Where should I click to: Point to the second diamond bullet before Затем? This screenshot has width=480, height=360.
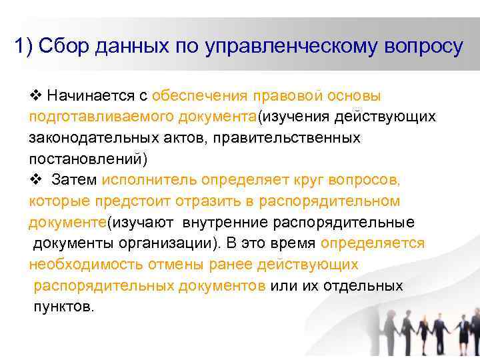[36, 180]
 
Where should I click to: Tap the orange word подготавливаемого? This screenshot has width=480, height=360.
[101, 117]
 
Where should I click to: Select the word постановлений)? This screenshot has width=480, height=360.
[87, 159]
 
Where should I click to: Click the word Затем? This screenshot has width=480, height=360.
[74, 180]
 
